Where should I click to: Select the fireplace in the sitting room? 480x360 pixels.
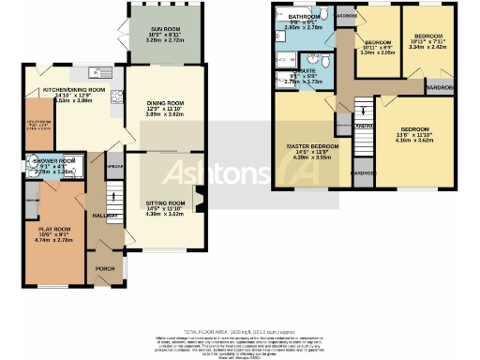tap(195, 197)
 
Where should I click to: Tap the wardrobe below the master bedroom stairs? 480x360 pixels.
tap(363, 173)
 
